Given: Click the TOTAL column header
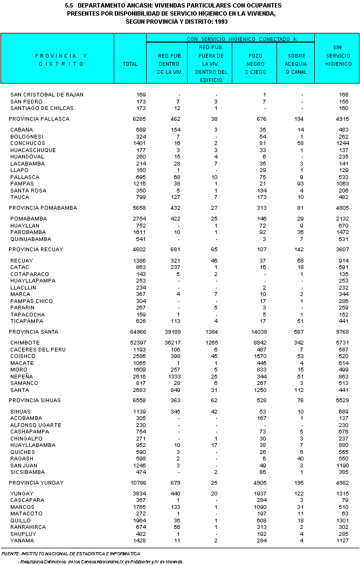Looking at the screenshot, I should [x=130, y=64].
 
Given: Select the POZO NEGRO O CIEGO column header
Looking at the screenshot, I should [x=255, y=64].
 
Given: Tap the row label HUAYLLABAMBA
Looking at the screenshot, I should [x=33, y=445].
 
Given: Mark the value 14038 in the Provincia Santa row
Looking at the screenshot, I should [x=258, y=332].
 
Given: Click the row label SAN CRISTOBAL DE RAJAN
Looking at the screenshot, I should [x=47, y=95].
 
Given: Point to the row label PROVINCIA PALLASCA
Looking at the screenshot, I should [x=39, y=119].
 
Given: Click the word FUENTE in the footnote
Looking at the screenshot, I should [x=11, y=553].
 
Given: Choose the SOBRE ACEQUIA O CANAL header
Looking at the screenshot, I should [x=295, y=64].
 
